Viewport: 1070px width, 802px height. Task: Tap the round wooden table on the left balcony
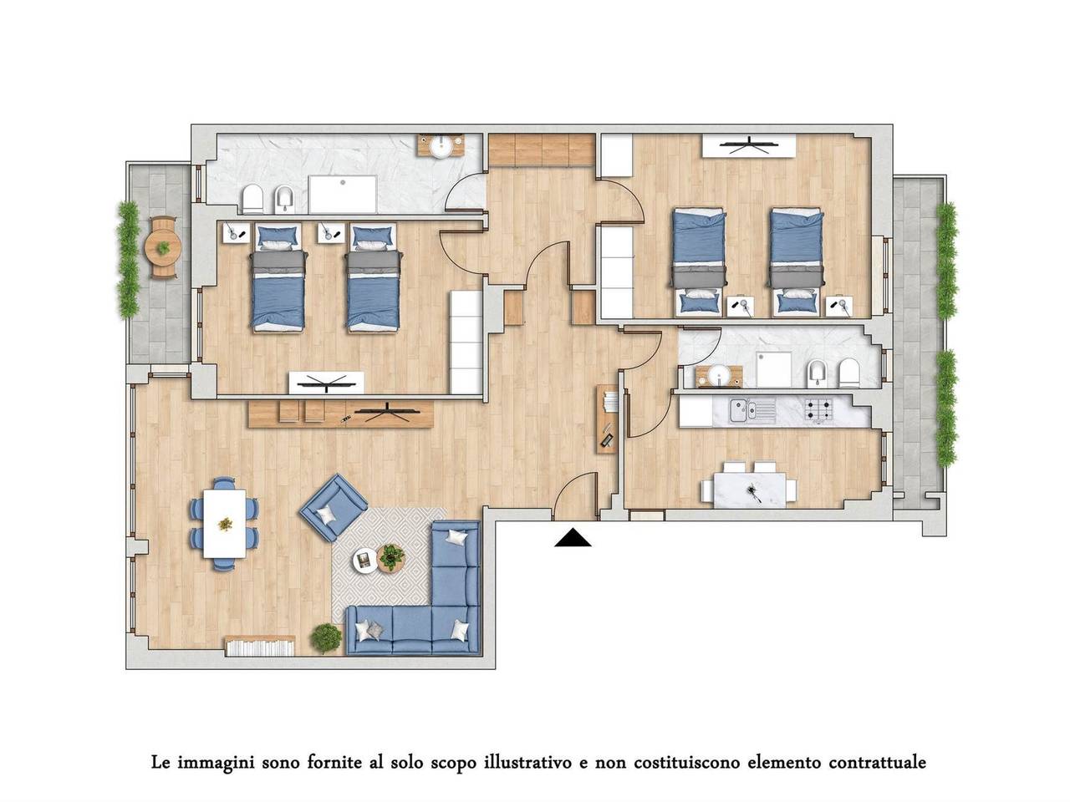(163, 248)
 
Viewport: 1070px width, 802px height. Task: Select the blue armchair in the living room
(334, 507)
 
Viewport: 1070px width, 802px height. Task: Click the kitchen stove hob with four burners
(819, 409)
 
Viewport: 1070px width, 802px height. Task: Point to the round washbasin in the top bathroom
(441, 146)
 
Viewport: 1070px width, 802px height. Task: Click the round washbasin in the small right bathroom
(719, 375)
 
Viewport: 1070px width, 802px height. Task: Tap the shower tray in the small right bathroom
(773, 369)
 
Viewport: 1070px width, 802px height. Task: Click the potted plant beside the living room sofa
(326, 637)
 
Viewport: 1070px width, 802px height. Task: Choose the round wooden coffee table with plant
(390, 557)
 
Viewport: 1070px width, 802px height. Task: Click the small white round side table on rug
(364, 561)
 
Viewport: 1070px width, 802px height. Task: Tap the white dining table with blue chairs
(224, 524)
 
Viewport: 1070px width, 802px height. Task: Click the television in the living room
(387, 412)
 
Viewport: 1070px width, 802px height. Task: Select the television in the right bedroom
(748, 145)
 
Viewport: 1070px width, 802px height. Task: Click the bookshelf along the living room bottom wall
(260, 645)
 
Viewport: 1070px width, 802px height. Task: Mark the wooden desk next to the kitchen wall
(607, 419)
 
